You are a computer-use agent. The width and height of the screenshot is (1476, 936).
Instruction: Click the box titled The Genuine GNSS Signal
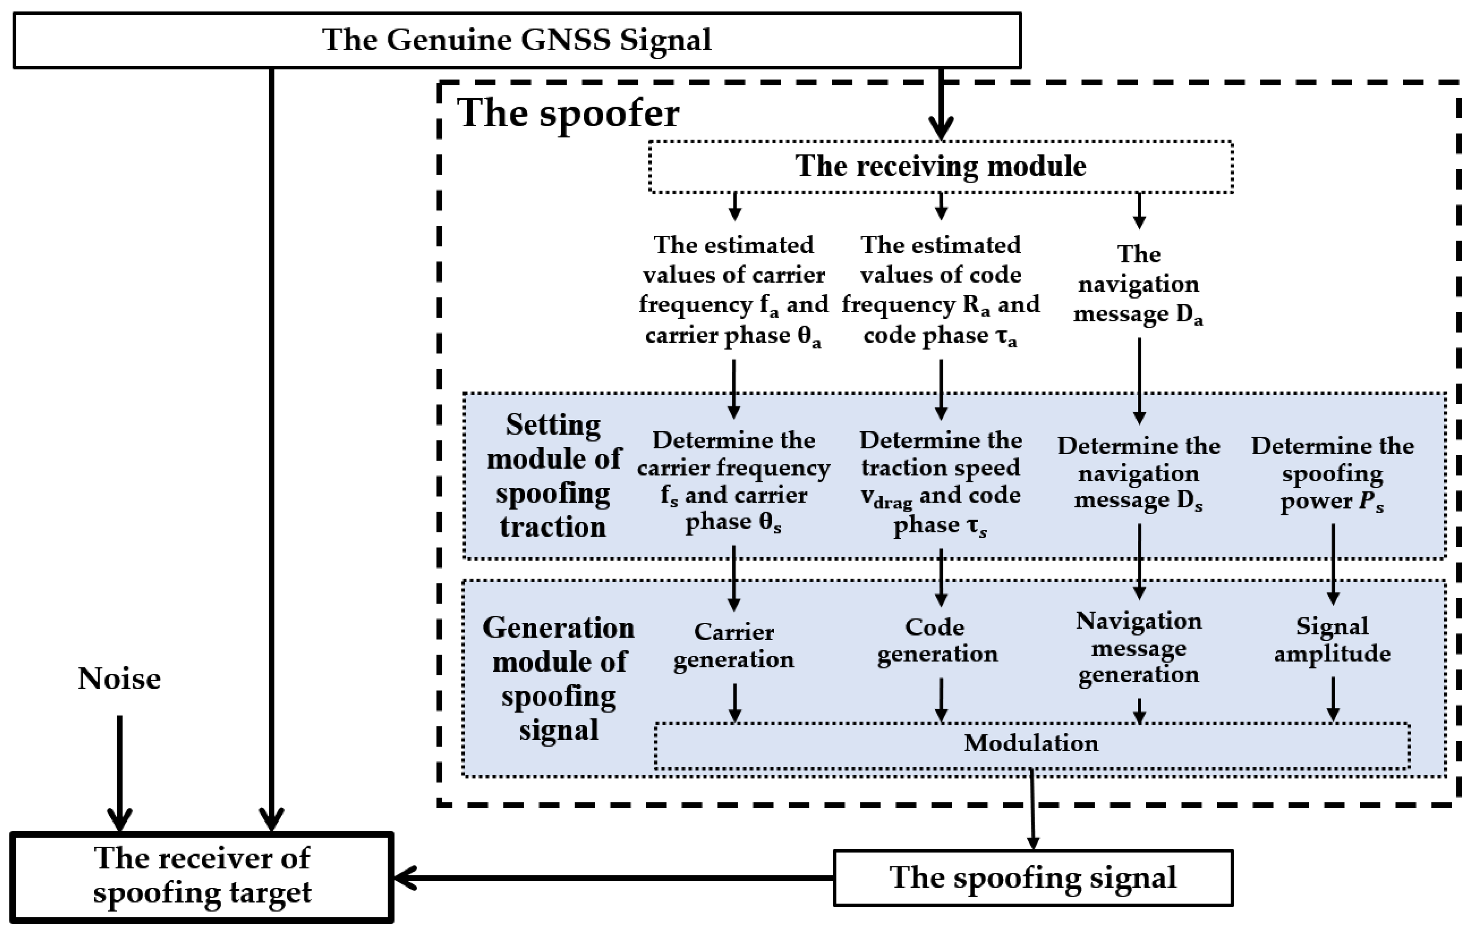[517, 40]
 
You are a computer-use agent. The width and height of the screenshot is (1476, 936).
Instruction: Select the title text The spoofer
[568, 113]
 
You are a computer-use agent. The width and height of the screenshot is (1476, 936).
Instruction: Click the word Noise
[119, 679]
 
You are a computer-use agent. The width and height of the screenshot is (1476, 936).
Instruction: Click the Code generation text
[937, 640]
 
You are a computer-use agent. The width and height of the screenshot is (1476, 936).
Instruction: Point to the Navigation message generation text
[1138, 648]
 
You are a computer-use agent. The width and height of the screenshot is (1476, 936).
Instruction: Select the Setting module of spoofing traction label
[553, 475]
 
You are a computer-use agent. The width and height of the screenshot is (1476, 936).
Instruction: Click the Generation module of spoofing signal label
[558, 679]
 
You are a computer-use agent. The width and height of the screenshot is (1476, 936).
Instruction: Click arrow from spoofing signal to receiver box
[613, 878]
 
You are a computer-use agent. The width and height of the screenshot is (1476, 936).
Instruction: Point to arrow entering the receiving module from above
[940, 104]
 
